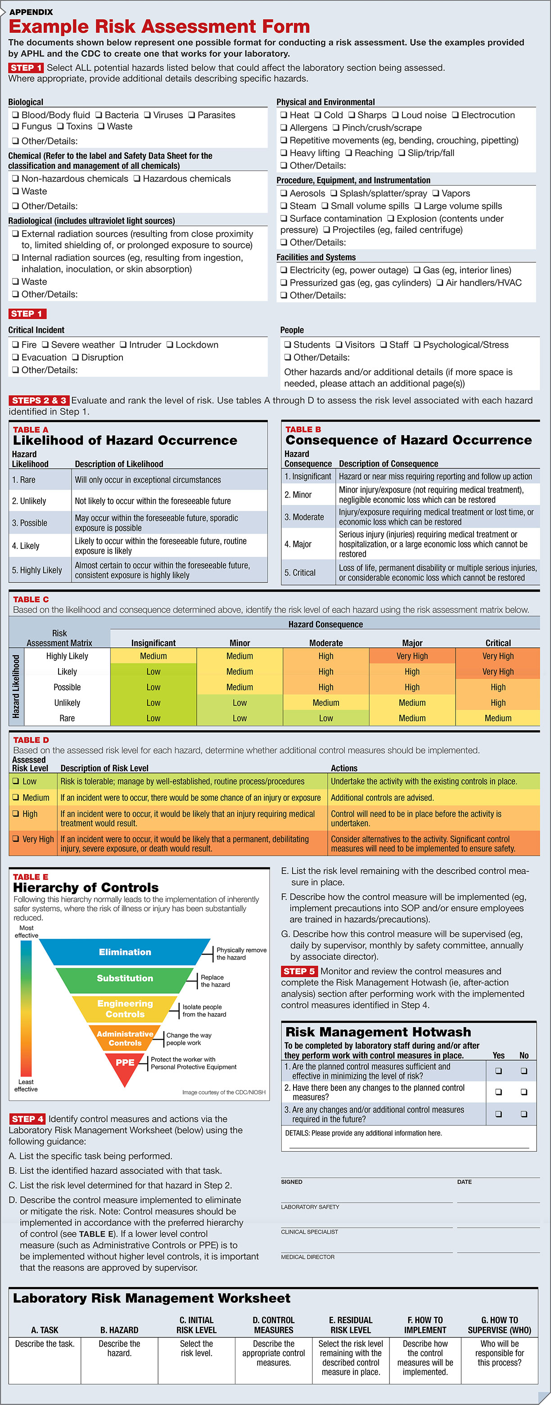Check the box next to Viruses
tap(147, 115)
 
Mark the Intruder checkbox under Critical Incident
tap(123, 345)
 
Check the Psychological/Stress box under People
tap(417, 345)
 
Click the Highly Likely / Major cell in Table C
tap(412, 656)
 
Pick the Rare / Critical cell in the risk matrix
tap(497, 718)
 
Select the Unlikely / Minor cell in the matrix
tap(239, 703)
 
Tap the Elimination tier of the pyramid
tap(125, 952)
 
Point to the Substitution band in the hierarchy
tap(125, 978)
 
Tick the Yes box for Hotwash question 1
tap(498, 1071)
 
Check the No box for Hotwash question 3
tap(524, 1114)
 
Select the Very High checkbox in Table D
tap(16, 839)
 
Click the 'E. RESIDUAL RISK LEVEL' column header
tap(350, 1325)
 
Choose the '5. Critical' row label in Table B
tap(300, 573)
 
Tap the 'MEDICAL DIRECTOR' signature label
tap(308, 1257)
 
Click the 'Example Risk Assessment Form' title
tap(159, 26)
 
